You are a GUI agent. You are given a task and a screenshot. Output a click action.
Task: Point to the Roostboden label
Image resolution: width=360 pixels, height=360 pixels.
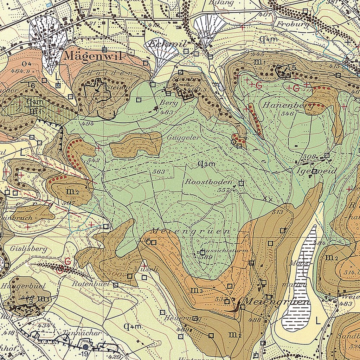coord(208,182)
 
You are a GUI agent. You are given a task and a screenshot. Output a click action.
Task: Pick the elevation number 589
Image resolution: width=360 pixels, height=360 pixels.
coord(205,257)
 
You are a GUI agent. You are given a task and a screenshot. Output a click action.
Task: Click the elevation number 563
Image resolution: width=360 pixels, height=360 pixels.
coord(159,171)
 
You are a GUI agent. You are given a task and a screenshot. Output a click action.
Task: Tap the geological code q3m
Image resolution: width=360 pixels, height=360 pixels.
coord(206,163)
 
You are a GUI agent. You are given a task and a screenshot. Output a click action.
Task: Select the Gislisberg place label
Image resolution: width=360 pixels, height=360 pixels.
coord(29,249)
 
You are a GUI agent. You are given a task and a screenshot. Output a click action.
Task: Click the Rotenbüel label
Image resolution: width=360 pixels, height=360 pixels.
coord(91,283)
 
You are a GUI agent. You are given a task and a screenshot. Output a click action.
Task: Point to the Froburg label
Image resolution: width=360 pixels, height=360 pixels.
coord(293,24)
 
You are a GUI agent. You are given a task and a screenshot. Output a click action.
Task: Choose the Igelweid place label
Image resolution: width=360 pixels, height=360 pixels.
coord(314,171)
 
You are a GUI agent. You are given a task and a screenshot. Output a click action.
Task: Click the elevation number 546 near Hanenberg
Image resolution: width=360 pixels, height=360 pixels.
coord(287,113)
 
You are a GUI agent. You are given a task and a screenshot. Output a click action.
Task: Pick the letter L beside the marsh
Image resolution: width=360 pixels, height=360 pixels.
coord(318,321)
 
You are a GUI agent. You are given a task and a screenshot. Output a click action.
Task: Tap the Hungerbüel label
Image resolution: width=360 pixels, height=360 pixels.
coord(23,286)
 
